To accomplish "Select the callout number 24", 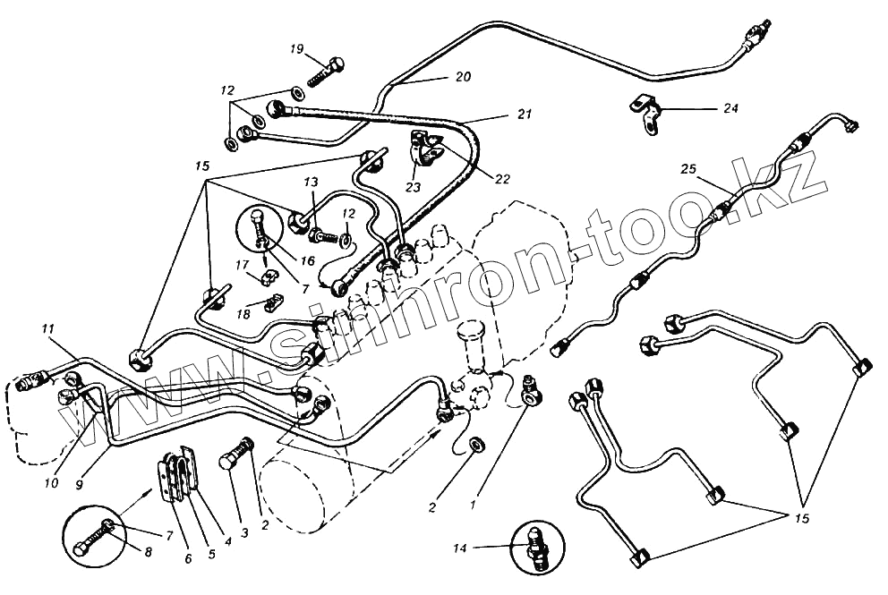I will [731, 109].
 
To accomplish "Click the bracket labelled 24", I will [645, 113].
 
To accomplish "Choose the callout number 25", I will [687, 167].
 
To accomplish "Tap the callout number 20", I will [462, 78].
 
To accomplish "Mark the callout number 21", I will [524, 115].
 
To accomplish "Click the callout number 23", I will [413, 189].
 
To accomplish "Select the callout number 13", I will [310, 183].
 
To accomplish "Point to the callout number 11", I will [46, 329].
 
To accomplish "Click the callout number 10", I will [52, 483].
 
